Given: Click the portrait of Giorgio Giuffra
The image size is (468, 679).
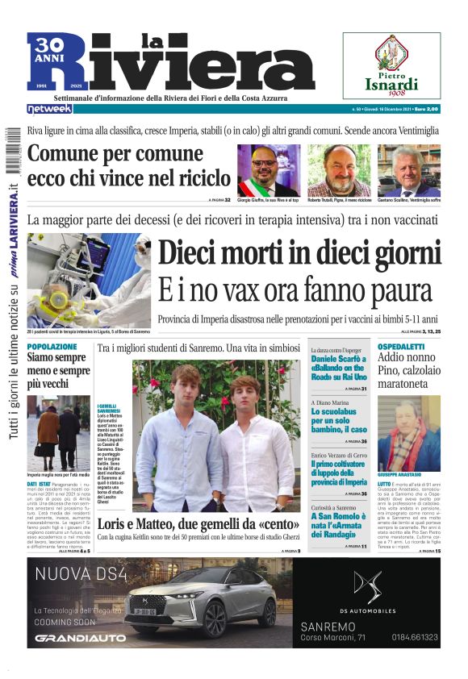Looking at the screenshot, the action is (x=268, y=169).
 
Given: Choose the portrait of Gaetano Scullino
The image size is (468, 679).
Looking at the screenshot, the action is (x=419, y=169).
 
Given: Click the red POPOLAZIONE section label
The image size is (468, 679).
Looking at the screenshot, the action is (x=52, y=346).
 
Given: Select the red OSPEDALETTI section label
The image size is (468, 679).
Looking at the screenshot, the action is (x=407, y=346).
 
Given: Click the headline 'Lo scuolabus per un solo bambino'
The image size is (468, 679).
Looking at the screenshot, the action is (x=339, y=420).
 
